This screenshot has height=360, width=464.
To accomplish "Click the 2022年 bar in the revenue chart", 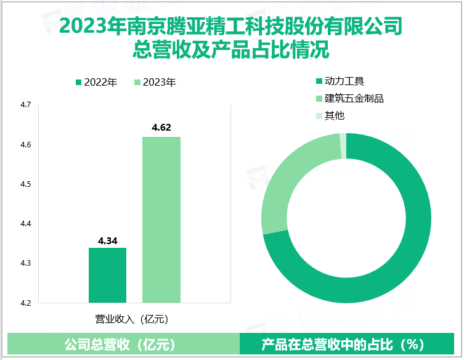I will [x=107, y=275].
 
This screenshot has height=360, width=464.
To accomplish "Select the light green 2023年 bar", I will [x=161, y=219].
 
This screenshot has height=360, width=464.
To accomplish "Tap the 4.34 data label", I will [x=107, y=240].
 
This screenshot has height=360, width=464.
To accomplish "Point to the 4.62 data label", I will [x=161, y=128].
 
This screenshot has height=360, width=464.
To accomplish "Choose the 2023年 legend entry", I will [x=154, y=82].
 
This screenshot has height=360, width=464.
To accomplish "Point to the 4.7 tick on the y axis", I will [x=26, y=105].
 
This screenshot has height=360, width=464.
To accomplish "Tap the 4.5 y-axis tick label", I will [x=26, y=184].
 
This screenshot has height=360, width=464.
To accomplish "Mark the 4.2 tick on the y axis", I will [x=26, y=303].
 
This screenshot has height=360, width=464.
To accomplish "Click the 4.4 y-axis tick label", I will [x=26, y=224].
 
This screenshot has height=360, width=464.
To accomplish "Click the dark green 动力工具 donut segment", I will [x=394, y=259].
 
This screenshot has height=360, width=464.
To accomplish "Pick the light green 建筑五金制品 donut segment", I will [x=290, y=179].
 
